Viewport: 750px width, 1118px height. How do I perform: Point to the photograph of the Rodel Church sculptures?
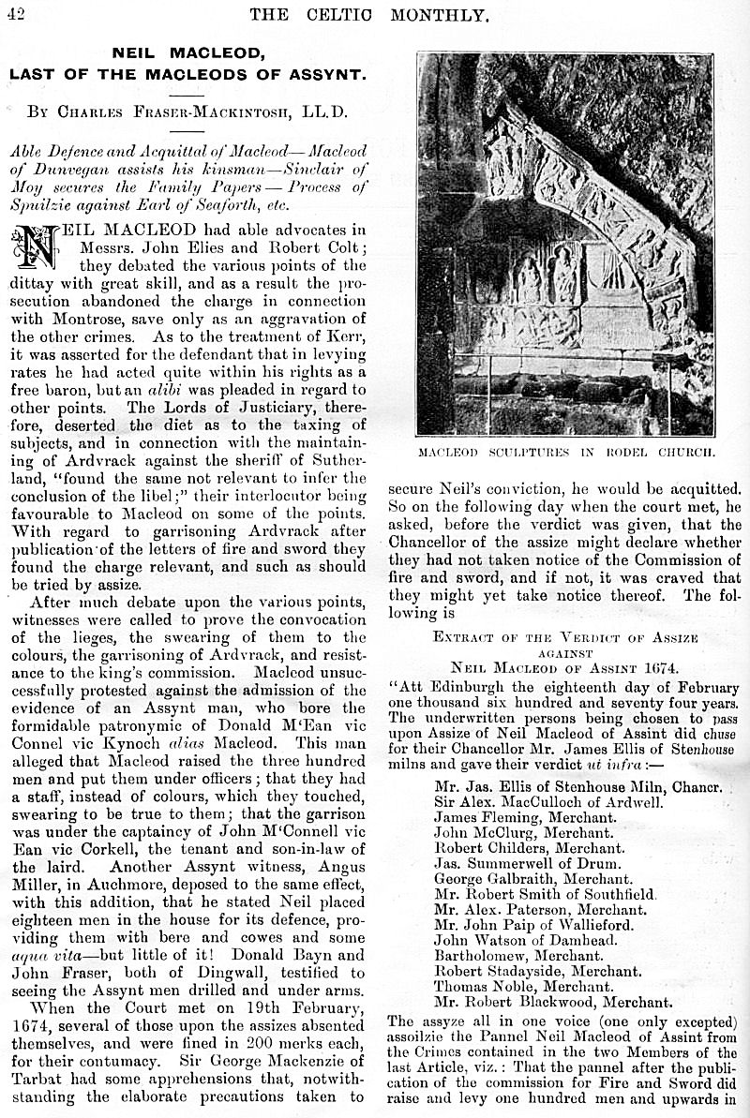click(x=564, y=244)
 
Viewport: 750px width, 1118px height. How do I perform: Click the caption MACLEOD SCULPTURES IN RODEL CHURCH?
click(x=564, y=452)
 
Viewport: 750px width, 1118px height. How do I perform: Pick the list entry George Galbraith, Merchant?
click(x=519, y=878)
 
